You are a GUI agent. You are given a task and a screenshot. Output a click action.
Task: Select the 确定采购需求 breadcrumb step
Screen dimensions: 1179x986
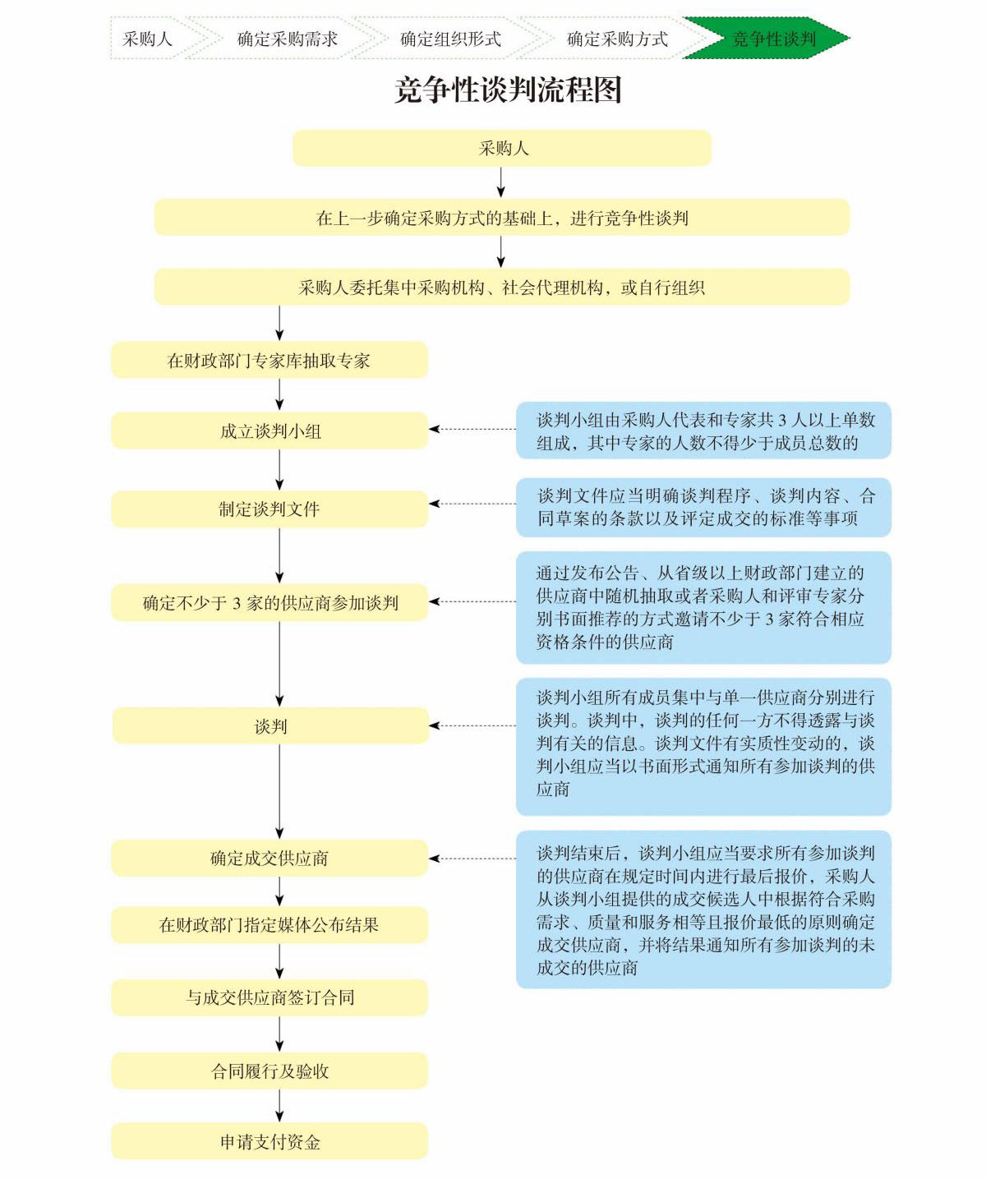coord(287,39)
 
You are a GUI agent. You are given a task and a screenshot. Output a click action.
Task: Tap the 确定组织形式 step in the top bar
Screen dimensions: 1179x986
coord(450,39)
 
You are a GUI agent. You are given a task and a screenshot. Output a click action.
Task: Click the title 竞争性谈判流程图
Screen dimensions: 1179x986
coord(508,90)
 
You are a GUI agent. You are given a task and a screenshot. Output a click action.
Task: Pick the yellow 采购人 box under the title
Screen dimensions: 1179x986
coord(502,149)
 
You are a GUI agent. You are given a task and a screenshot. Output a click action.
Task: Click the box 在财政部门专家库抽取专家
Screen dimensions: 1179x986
coord(270,361)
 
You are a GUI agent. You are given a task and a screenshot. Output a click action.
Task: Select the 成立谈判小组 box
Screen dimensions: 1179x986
coord(270,431)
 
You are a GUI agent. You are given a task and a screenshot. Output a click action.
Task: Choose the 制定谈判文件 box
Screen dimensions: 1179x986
coord(270,509)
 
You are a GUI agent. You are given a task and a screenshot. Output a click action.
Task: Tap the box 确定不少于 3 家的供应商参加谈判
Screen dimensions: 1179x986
coord(270,603)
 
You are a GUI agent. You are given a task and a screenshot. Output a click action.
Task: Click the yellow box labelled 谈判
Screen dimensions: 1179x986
coord(270,726)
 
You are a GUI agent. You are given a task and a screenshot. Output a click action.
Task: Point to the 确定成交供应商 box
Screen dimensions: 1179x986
coord(270,859)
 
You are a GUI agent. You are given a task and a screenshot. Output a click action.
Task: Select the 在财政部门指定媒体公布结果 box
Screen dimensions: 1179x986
coord(270,925)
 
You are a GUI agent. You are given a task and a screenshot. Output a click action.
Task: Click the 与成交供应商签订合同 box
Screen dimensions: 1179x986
coord(270,998)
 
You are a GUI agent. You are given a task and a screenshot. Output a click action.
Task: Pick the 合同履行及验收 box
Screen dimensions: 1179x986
coord(270,1071)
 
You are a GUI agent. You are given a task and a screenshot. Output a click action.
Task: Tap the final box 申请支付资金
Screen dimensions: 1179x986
coord(270,1142)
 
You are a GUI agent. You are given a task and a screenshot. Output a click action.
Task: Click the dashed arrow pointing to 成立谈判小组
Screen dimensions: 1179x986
coord(472,429)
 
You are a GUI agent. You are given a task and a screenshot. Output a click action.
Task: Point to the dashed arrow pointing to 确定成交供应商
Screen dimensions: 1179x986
coord(472,859)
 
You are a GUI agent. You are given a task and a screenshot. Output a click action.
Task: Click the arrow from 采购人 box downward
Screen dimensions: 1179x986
coord(501,182)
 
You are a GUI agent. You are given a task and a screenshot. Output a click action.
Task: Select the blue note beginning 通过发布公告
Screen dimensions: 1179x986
coord(703,607)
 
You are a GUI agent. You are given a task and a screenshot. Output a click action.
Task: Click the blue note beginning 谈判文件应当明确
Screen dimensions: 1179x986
coord(703,507)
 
